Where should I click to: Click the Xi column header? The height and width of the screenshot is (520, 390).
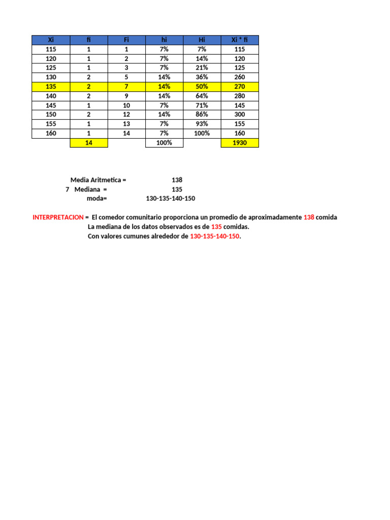(50, 40)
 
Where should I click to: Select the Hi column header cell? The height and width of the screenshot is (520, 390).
(202, 40)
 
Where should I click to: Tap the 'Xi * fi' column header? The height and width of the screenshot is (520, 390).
(240, 40)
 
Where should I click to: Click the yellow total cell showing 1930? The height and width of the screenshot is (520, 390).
(240, 143)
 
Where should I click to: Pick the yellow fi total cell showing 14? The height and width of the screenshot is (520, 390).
(88, 143)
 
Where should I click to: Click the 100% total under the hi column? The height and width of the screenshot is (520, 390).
(164, 143)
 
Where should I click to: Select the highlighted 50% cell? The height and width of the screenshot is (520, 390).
(202, 87)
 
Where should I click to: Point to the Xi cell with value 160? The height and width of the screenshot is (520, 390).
(50, 134)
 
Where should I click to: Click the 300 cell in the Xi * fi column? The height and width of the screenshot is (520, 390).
(240, 115)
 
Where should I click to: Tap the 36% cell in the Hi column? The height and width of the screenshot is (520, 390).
(202, 77)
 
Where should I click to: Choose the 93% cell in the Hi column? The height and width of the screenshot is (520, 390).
(202, 124)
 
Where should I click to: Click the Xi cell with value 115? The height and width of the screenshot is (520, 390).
(50, 49)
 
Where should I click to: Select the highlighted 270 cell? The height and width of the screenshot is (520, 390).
(240, 87)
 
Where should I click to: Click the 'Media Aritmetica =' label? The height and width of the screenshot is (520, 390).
(98, 180)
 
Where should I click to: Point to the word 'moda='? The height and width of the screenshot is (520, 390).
(97, 199)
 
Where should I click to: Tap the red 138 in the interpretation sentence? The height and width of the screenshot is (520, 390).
(309, 217)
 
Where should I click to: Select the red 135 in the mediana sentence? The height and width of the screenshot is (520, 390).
(216, 227)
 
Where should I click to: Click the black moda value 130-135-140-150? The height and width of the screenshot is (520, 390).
(170, 199)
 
